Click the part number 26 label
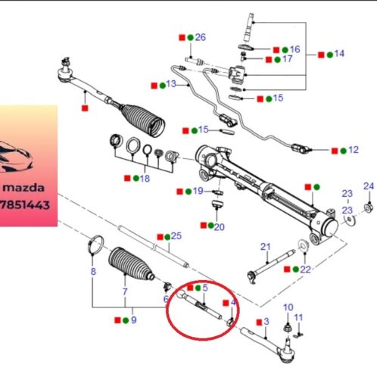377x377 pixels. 201,37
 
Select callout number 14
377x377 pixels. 339,54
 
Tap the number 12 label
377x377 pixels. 354,150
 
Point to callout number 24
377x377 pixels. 369,186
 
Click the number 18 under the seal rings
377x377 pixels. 145,179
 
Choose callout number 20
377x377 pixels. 219,227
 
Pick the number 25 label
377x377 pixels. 176,236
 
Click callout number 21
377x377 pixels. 265,247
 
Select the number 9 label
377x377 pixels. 134,320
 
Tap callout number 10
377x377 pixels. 288,307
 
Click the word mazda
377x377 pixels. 23,188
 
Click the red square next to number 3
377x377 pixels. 259,322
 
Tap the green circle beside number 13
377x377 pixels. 163,86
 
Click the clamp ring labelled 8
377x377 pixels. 95,245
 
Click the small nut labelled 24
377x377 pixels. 368,208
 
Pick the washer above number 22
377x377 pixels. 303,246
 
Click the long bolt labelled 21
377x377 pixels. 271,265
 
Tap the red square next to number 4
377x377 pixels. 226,303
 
